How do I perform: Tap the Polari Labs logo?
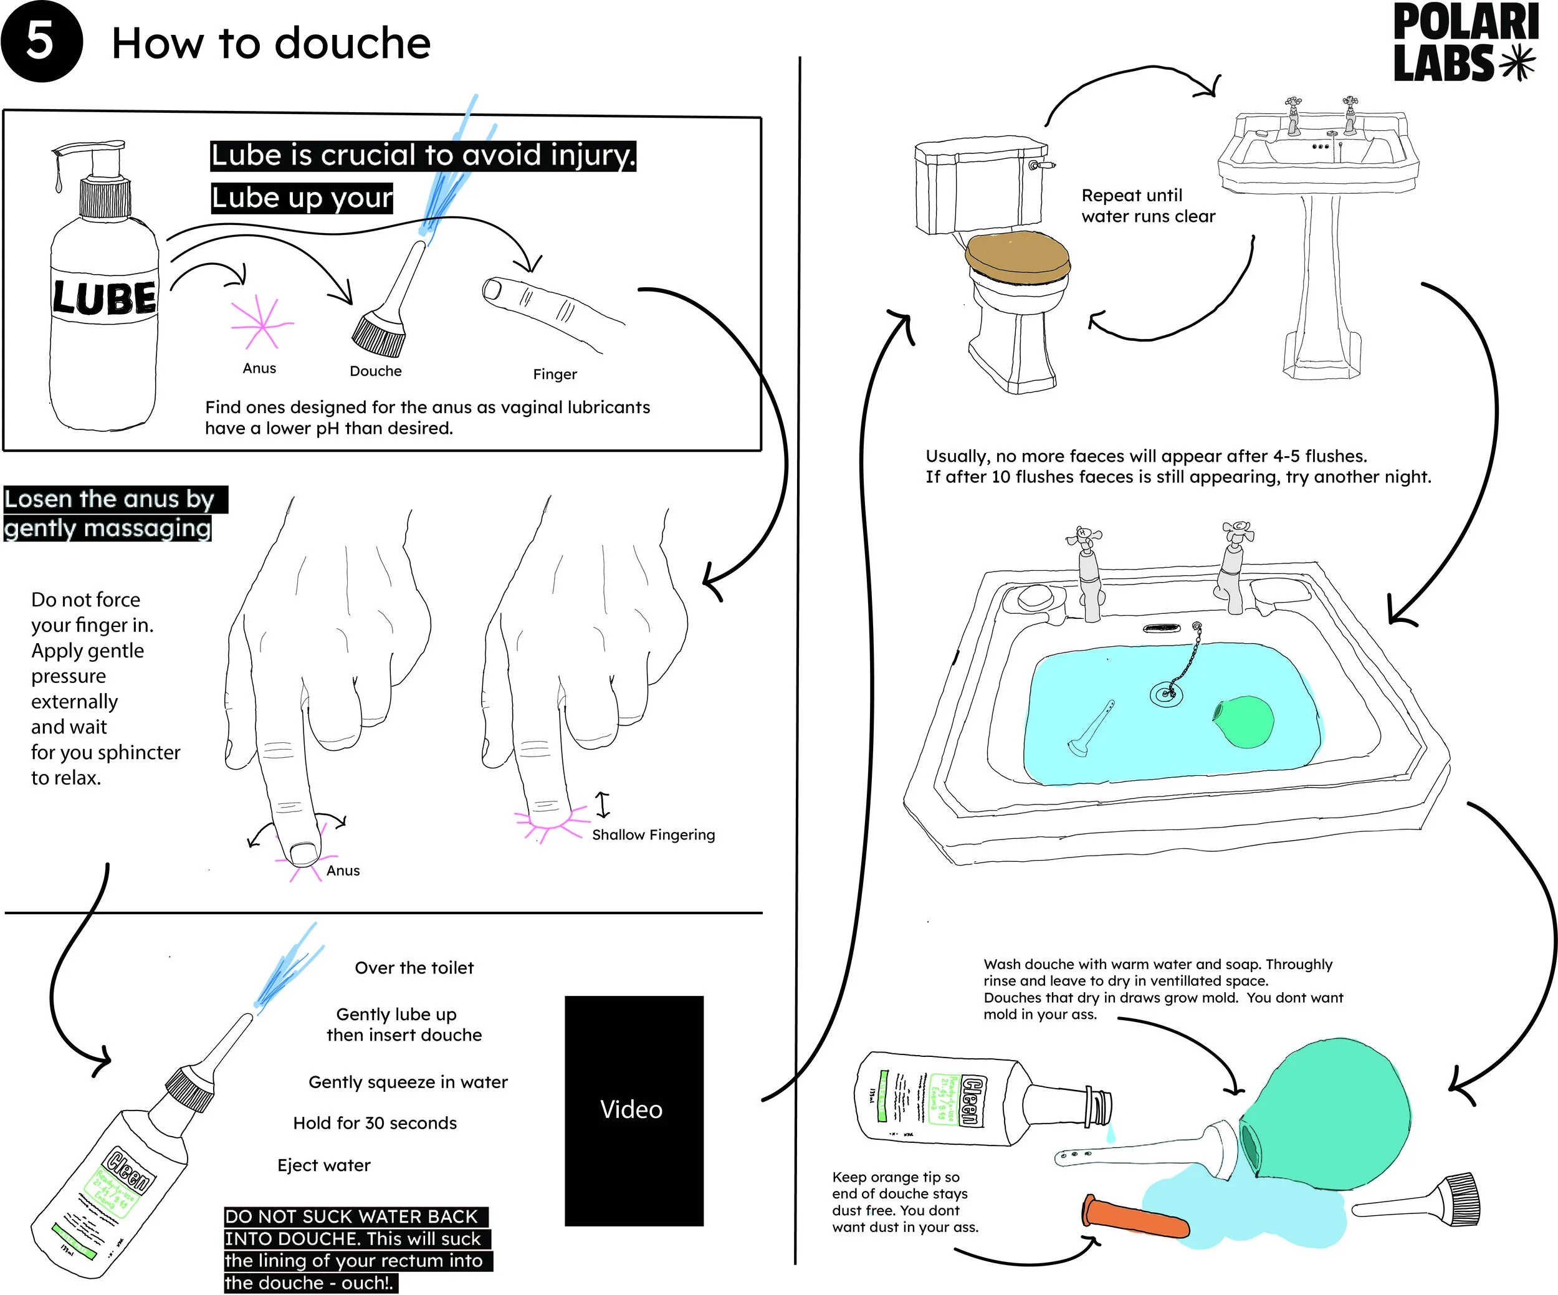point(1465,42)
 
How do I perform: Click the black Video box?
point(634,1111)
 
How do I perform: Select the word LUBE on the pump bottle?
point(105,298)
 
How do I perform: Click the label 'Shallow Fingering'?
point(654,835)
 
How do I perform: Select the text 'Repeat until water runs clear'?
point(1148,206)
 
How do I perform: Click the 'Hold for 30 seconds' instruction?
point(375,1123)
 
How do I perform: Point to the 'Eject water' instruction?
point(323,1165)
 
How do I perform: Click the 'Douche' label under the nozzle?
point(375,371)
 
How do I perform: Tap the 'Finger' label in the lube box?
point(554,375)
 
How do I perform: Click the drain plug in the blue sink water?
point(1164,694)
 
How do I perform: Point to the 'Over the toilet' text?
point(414,968)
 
